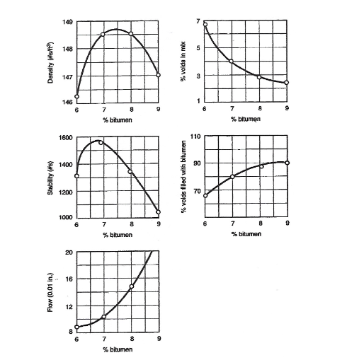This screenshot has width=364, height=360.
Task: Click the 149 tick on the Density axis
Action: (68, 21)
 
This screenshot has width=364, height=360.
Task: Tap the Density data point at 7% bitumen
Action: (103, 34)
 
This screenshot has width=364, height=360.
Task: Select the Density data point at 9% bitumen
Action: (158, 75)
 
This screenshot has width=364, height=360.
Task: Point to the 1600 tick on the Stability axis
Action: (65, 137)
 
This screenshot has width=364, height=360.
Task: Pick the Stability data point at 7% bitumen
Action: (101, 142)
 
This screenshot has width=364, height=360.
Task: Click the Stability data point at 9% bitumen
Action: (158, 212)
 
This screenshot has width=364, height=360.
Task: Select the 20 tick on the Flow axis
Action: (68, 252)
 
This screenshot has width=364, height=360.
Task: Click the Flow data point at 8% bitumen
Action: (131, 286)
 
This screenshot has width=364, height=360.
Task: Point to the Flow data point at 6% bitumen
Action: (76, 327)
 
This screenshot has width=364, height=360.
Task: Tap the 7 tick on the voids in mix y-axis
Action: (199, 21)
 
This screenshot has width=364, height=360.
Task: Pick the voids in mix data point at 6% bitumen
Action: (205, 24)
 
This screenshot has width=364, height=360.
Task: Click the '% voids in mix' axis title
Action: (183, 62)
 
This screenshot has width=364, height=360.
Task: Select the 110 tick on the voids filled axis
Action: (196, 135)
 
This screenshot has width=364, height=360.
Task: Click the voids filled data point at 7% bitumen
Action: (232, 176)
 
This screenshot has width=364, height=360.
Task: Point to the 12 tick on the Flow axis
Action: (68, 306)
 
